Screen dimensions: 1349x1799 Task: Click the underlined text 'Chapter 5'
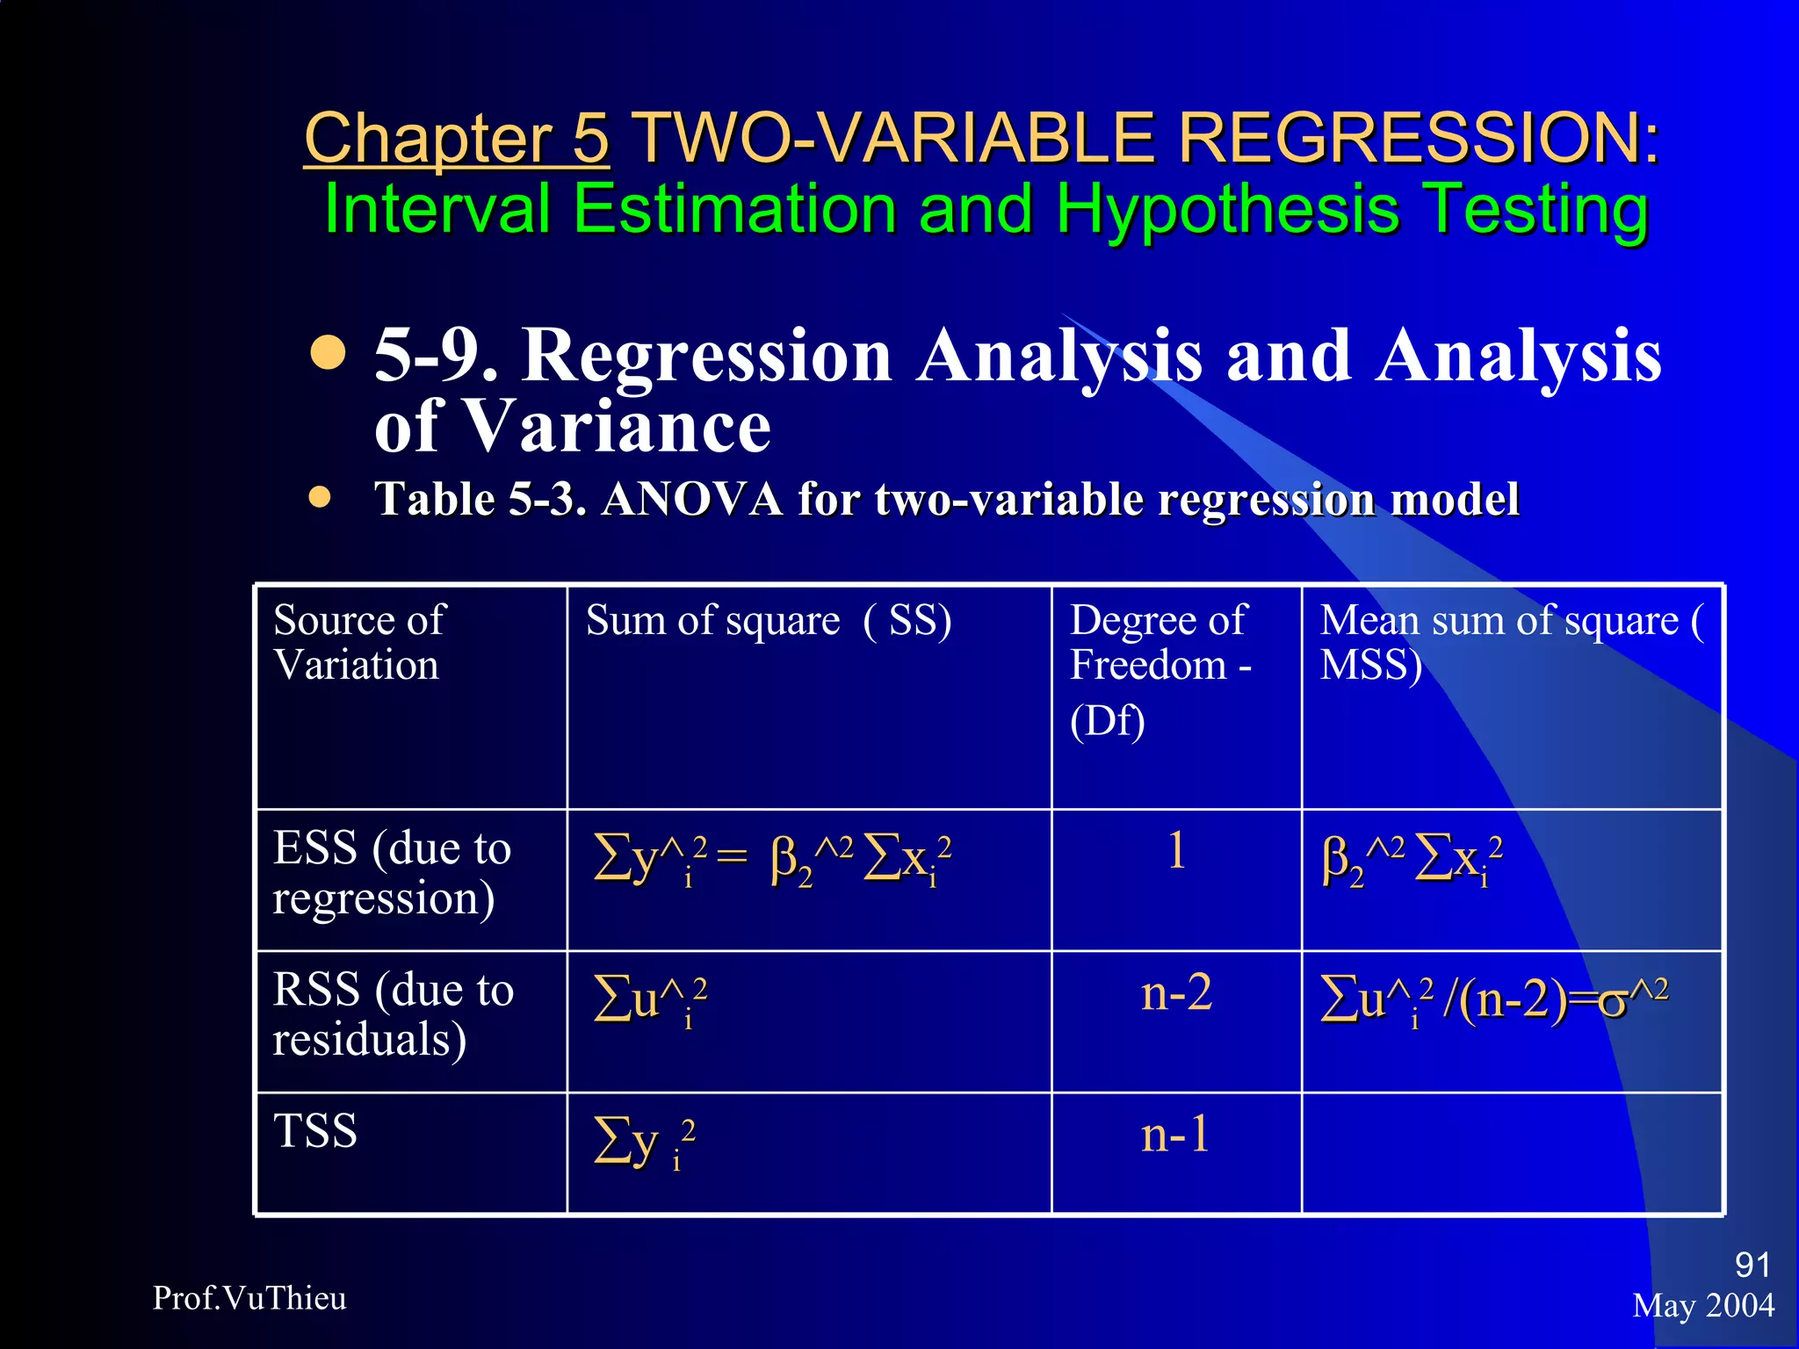pos(456,139)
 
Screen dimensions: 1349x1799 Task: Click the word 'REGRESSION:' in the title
pos(1418,139)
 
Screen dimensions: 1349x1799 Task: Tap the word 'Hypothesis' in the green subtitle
pos(1227,209)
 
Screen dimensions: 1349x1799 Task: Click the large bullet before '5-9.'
pos(328,354)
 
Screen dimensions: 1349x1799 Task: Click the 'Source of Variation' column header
pos(359,642)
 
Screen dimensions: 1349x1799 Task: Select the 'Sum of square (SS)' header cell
pos(769,621)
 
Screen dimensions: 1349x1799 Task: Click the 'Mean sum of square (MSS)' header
pos(1511,642)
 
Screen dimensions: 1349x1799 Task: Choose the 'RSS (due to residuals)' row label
pos(393,1014)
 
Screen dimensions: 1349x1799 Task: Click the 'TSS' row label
pos(315,1131)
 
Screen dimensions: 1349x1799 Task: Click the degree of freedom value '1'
pos(1176,851)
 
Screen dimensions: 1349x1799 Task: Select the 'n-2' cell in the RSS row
pos(1176,993)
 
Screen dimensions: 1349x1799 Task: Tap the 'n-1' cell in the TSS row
pos(1175,1135)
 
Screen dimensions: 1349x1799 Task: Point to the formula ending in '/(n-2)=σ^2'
pos(1493,1001)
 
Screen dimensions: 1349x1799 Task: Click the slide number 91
pos(1752,1265)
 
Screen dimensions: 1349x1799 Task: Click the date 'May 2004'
pos(1702,1306)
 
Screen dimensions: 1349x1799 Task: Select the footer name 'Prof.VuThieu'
pos(249,1298)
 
